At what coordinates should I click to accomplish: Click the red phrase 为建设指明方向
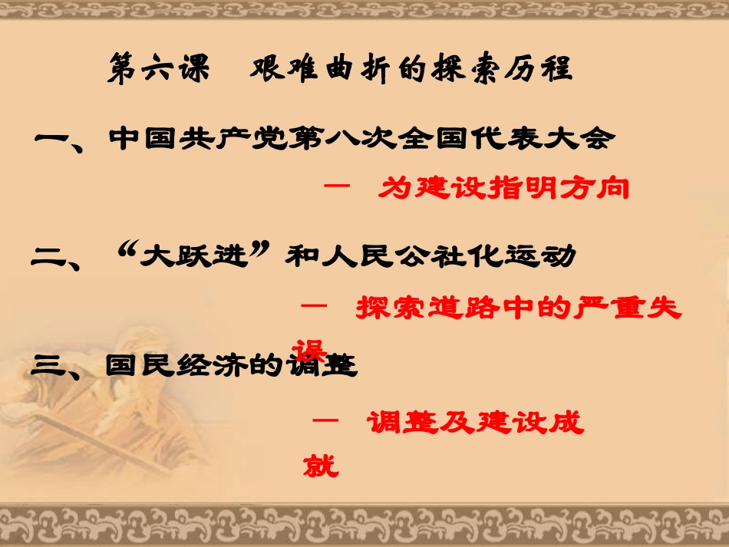coord(503,188)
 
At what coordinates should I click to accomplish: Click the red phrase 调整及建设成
coord(475,421)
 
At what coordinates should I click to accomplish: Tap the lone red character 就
coord(321,464)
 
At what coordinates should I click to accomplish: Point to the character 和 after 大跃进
coord(300,255)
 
